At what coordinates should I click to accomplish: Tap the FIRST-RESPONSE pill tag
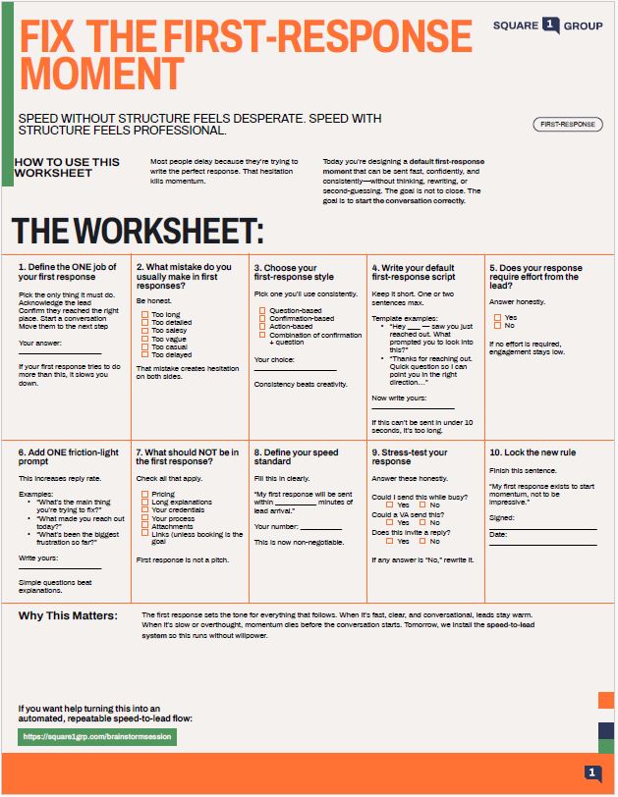point(567,125)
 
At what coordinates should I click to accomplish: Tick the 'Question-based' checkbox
point(262,310)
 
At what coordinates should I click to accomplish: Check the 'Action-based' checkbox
point(262,326)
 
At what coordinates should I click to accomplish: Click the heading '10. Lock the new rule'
point(533,452)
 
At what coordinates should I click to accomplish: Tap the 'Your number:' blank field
point(320,528)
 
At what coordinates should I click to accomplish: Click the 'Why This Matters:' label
point(68,615)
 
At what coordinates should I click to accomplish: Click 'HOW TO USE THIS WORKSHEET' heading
point(67,167)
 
